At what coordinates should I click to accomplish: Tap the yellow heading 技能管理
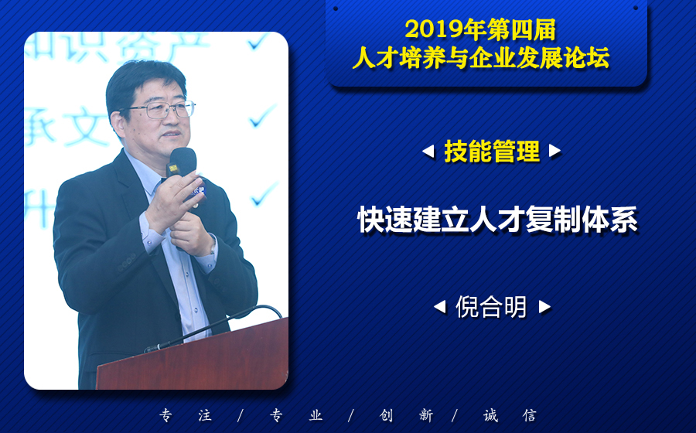492,152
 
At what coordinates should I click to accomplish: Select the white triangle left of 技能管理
428,152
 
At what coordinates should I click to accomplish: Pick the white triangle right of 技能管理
554,152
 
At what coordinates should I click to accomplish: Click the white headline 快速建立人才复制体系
497,219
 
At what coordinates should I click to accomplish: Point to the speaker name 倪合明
491,306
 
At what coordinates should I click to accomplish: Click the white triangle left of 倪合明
440,306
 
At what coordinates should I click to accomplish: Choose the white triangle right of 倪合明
544,306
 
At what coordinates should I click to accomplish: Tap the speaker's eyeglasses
160,109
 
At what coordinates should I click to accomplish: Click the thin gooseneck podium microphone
213,327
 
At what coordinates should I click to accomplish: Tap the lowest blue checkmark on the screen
265,194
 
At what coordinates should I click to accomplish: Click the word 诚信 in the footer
510,416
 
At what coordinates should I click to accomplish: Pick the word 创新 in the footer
406,416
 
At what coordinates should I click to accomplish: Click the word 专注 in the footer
186,416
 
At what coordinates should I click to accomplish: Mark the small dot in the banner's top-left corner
336,9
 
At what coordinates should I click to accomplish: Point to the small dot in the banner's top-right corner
636,8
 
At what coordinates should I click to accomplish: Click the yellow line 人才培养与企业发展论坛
481,58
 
